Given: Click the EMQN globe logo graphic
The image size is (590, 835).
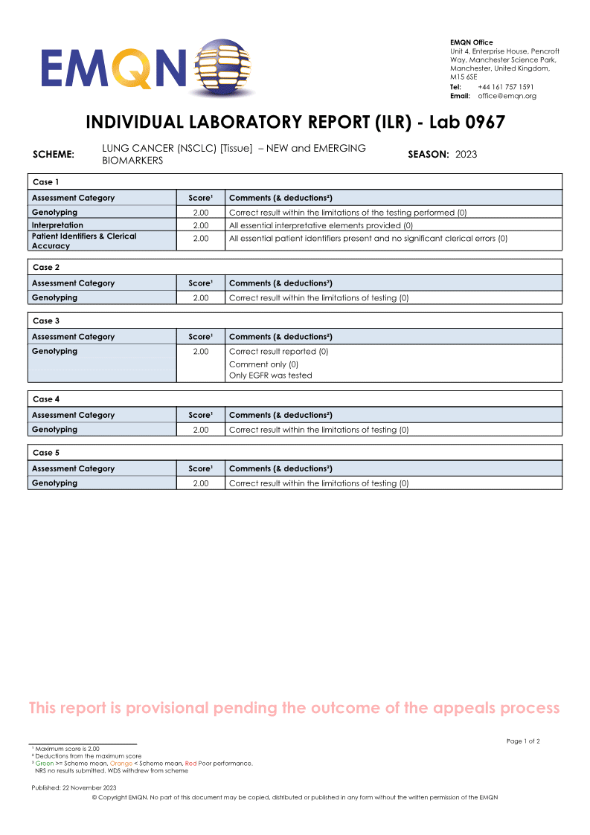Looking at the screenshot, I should click(221, 67).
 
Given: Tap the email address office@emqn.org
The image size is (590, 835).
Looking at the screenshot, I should click(507, 96).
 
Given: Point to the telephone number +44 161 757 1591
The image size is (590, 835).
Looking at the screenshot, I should click(505, 87).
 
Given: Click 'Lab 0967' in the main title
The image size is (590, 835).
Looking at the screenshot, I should click(466, 123).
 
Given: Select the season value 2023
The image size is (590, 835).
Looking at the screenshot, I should click(466, 155).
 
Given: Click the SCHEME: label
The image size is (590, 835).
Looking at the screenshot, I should click(54, 155).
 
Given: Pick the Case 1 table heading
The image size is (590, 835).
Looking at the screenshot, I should click(45, 182).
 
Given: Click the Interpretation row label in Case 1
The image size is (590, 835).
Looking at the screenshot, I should click(57, 225).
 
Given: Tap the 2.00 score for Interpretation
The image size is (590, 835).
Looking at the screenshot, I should click(201, 225).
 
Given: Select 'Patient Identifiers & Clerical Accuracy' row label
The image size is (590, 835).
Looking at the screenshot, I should click(84, 240).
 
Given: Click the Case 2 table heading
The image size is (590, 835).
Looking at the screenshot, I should click(45, 267).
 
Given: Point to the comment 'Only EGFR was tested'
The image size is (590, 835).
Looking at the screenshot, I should click(270, 375).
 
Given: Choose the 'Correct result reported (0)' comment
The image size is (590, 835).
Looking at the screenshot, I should click(278, 352).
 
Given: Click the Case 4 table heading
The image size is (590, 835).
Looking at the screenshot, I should click(45, 399).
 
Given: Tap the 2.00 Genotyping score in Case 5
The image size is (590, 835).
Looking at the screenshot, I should click(201, 483).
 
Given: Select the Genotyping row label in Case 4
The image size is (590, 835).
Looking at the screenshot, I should click(54, 430).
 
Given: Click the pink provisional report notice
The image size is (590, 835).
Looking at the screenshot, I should click(294, 708).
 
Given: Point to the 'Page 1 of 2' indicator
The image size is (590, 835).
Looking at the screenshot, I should click(523, 741).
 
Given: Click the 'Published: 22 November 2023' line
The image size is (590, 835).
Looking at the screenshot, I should click(74, 787).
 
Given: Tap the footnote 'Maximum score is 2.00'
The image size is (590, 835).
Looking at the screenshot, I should click(67, 749).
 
